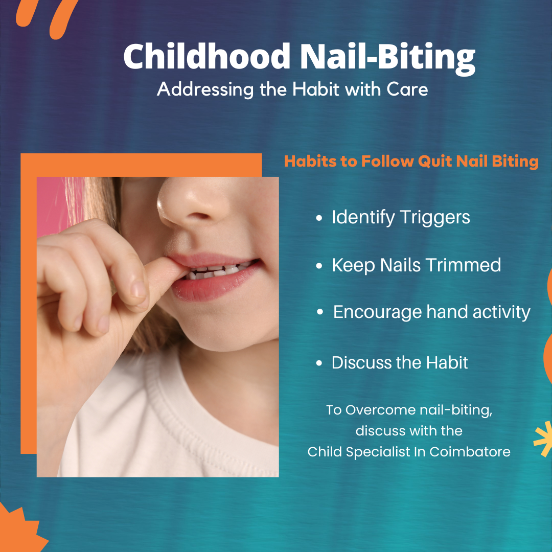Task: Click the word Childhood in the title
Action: (206, 56)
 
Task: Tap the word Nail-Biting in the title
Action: (387, 58)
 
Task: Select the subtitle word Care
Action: (407, 89)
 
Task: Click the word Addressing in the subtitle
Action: (205, 89)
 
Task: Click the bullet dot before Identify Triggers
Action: (319, 218)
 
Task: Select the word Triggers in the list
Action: (435, 218)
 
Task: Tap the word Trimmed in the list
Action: (463, 265)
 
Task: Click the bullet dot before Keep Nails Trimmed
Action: (319, 266)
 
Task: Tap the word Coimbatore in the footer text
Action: (470, 452)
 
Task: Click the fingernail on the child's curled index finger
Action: (138, 289)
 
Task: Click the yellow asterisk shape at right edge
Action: (544, 439)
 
